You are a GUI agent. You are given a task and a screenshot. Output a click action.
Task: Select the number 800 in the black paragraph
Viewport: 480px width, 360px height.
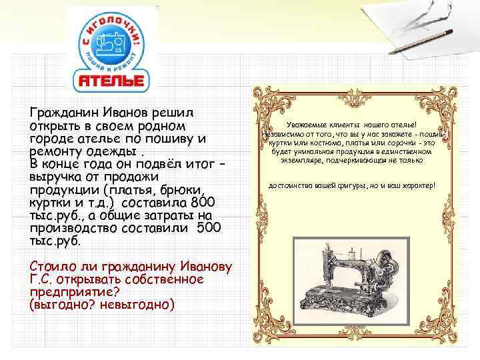[x=202, y=203]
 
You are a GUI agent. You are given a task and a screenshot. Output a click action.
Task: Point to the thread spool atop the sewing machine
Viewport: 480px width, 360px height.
[x=347, y=252]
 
